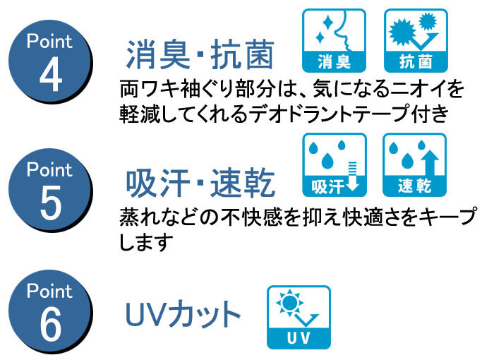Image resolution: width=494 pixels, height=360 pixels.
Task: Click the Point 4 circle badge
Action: (50, 62)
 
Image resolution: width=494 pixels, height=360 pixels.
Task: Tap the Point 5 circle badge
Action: (50, 190)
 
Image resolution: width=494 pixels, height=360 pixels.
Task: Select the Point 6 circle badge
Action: (50, 311)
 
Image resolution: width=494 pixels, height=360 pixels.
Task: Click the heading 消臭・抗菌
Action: (200, 55)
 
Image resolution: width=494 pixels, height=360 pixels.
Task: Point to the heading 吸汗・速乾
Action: (200, 184)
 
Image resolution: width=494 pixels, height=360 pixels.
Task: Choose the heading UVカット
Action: (183, 314)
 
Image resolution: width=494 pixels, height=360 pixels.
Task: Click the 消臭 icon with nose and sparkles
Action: (334, 40)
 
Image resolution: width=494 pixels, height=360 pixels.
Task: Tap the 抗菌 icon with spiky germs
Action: (416, 40)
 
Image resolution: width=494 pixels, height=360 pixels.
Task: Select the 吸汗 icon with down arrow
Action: (335, 165)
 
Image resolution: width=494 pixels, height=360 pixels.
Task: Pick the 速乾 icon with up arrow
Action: (415, 165)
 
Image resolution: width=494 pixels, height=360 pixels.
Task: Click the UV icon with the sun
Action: (299, 317)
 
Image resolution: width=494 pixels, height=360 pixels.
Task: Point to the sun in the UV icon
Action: (289, 303)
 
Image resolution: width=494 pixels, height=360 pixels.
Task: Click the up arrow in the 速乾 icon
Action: (430, 163)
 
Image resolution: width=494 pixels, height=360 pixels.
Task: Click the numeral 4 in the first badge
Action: (51, 74)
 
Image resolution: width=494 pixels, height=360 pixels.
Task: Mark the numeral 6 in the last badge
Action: (51, 324)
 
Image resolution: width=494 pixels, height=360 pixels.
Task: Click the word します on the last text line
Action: (147, 242)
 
